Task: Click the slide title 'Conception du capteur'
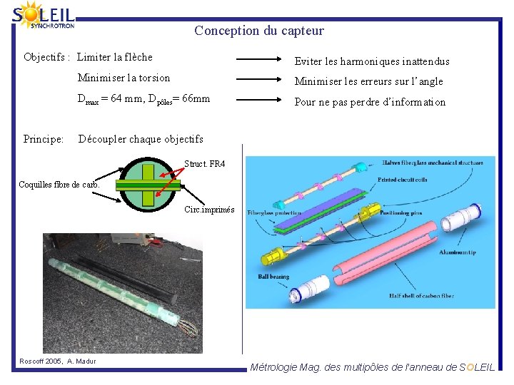click(258, 31)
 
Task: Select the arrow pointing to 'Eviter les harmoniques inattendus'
click(261, 61)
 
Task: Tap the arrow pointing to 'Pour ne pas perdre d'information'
click(261, 101)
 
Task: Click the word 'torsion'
click(153, 78)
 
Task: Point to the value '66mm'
click(196, 98)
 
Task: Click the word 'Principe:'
click(44, 138)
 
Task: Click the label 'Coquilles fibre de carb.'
click(59, 185)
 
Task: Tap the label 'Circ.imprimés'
click(208, 210)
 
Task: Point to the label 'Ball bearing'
click(273, 276)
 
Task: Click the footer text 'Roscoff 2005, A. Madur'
click(57, 361)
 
